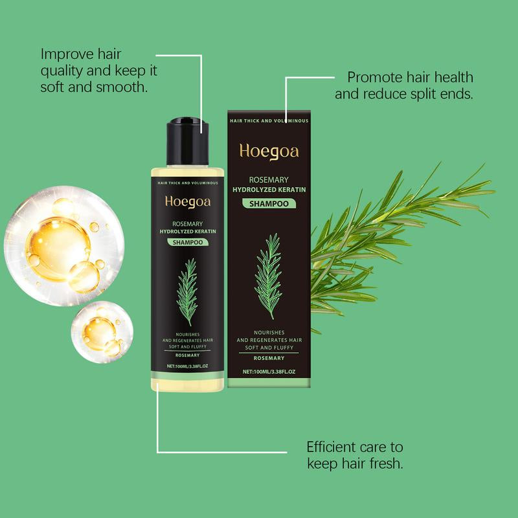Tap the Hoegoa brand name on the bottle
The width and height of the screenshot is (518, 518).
pyautogui.click(x=187, y=201)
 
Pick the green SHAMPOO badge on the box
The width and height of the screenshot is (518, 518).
pyautogui.click(x=269, y=203)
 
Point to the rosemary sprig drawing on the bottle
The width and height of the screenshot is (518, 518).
pyautogui.click(x=188, y=291)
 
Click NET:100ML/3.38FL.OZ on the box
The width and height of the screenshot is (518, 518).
pyautogui.click(x=269, y=372)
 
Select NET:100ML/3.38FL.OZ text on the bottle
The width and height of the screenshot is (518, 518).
pyautogui.click(x=187, y=366)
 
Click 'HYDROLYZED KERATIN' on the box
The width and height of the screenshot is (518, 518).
pyautogui.click(x=269, y=188)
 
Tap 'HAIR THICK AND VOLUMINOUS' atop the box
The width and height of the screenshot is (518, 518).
pyautogui.click(x=269, y=121)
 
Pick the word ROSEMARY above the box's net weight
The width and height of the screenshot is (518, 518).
pyautogui.click(x=269, y=358)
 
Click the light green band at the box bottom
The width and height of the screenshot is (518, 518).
pyautogui.click(x=269, y=383)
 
